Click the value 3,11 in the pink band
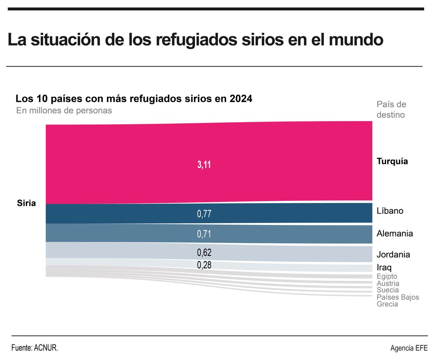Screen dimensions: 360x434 [x=204, y=165]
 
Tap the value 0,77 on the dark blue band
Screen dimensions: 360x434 [x=204, y=214]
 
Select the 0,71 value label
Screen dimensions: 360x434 [x=204, y=234]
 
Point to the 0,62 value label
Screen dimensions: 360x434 [x=204, y=253]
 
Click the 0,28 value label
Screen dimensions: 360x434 [x=204, y=265]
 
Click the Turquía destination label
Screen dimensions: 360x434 [x=392, y=162]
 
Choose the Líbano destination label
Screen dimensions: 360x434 [x=390, y=211]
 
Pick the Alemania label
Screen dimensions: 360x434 [x=395, y=234]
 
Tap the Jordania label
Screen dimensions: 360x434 [x=393, y=255]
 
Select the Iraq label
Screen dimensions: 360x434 [x=384, y=267]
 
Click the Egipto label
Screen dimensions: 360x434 [x=387, y=276]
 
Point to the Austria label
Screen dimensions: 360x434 [x=388, y=283]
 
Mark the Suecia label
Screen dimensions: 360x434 [x=388, y=290]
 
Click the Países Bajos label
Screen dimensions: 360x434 [x=398, y=297]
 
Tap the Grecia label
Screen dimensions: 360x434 [x=387, y=304]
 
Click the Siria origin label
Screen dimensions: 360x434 [x=26, y=203]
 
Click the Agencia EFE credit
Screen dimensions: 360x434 [x=409, y=348]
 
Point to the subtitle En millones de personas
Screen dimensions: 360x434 [x=64, y=111]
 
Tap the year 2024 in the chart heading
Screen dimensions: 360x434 [x=241, y=99]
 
